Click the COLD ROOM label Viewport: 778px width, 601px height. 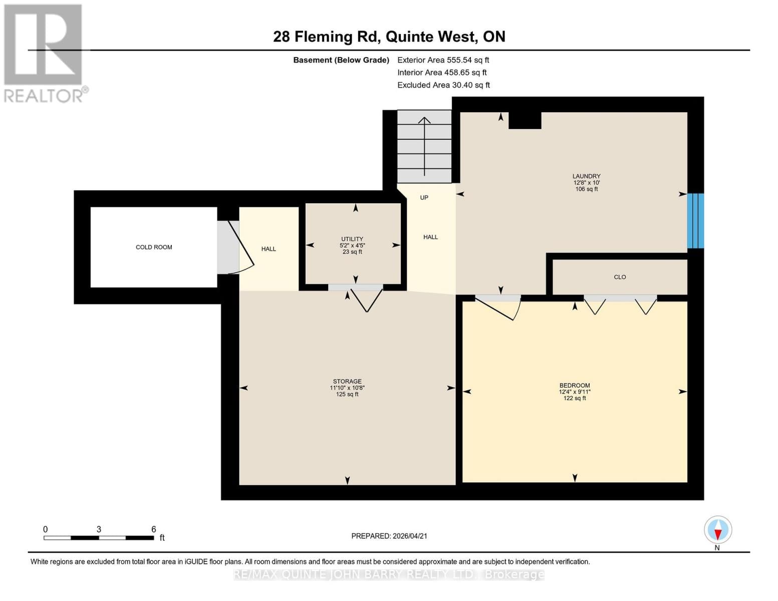154,247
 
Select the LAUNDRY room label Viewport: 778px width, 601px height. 586,176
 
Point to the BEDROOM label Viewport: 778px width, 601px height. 575,386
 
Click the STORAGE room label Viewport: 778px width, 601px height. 347,382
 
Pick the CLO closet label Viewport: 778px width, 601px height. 620,277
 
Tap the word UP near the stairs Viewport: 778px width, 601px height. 424,198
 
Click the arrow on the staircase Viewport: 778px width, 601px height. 424,145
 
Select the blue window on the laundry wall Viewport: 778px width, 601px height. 695,221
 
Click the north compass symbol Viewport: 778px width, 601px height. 717,530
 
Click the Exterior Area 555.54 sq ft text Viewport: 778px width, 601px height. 443,60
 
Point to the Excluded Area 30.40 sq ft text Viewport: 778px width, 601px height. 443,85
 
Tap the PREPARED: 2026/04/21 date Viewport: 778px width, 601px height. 389,536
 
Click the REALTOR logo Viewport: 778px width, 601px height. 44,53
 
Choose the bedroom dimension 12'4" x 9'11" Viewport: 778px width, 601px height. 575,392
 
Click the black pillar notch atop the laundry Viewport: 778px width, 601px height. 525,121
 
